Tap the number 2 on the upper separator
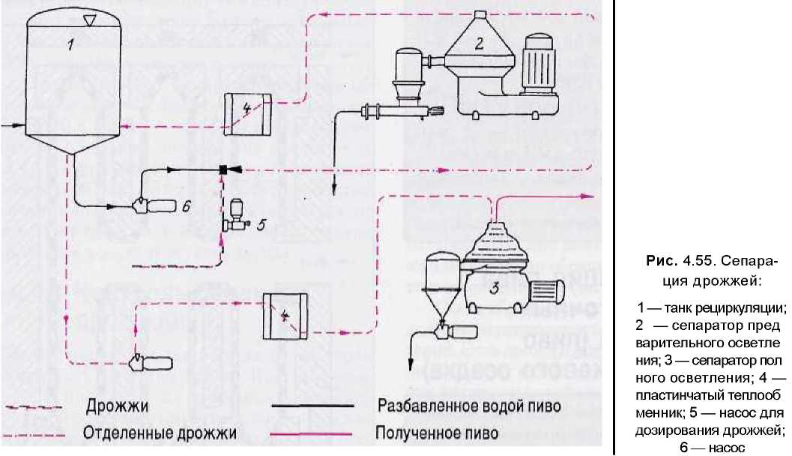pos(479,43)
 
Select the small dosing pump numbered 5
pos(237,214)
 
